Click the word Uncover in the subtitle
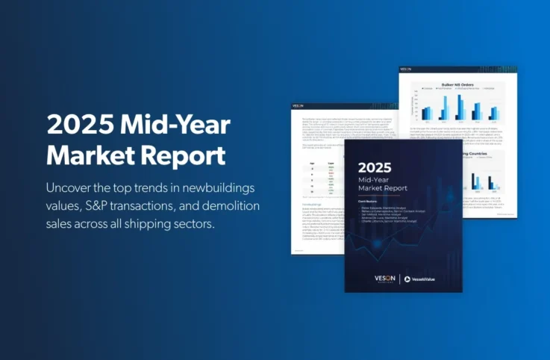coord(71,186)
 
